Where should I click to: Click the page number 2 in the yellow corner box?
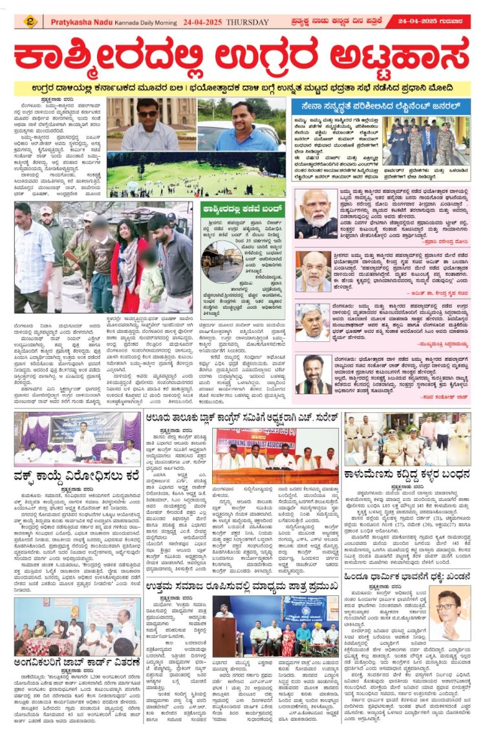pyautogui.click(x=30, y=22)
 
